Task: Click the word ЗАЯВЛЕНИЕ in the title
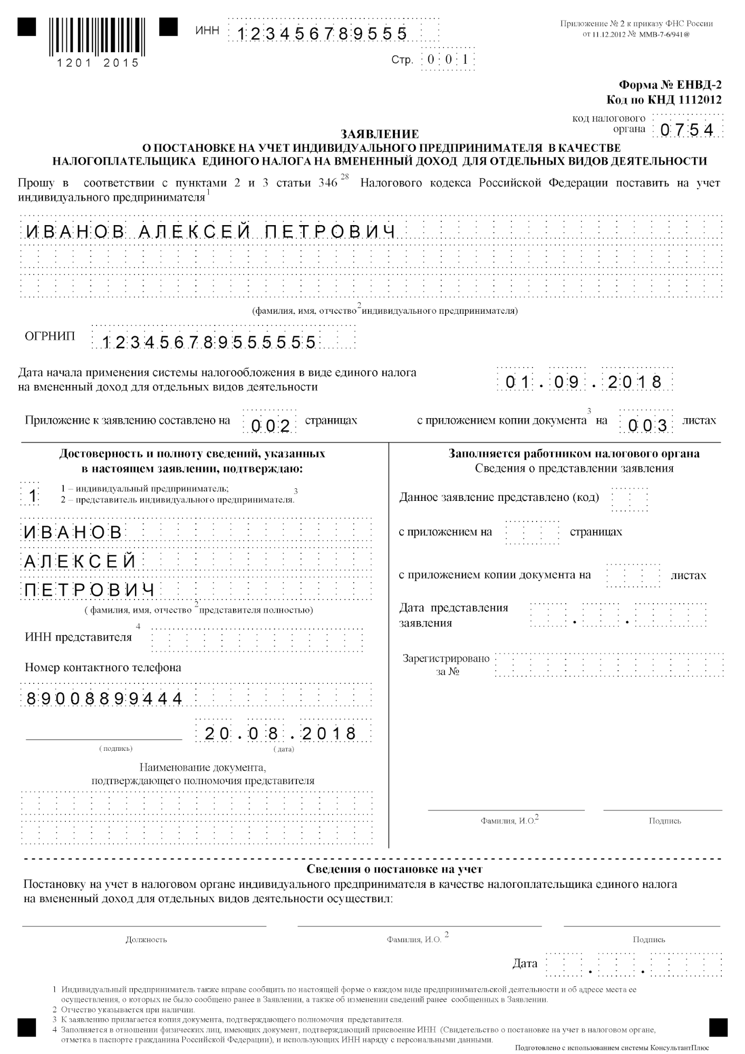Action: point(380,134)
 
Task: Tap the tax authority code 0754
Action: point(686,130)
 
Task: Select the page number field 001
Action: point(448,60)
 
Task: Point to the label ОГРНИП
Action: point(50,336)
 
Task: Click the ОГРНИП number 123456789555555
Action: point(209,343)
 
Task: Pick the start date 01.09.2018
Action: point(584,381)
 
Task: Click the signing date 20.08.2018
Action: point(280,733)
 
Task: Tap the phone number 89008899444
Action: point(104,699)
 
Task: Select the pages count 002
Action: point(270,426)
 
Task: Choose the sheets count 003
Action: point(647,426)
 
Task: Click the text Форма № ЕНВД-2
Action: point(670,85)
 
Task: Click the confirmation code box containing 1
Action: point(33,496)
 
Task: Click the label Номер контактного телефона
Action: point(103,668)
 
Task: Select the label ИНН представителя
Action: point(78,637)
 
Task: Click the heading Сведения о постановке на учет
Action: point(394,869)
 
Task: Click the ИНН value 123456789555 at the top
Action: point(322,34)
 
